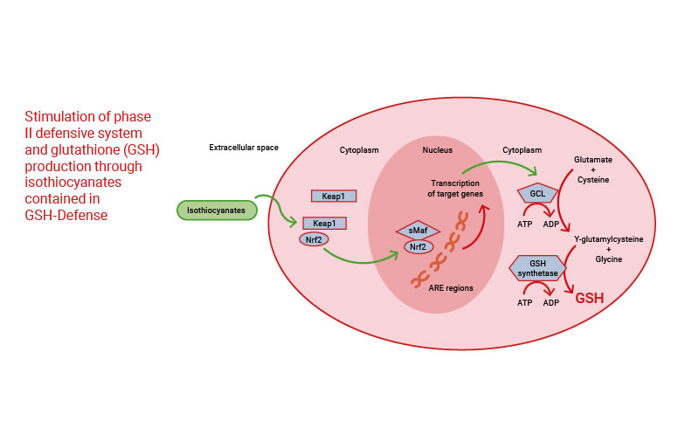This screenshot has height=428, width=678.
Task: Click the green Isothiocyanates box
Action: (x=217, y=210)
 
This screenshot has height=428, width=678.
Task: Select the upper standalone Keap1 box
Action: (x=333, y=197)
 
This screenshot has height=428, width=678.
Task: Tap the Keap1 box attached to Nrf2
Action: (x=324, y=223)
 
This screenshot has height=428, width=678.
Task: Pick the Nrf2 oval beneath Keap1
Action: (x=314, y=239)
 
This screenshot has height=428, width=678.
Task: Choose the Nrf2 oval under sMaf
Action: (x=417, y=247)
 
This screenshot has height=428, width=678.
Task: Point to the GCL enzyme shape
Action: (x=537, y=194)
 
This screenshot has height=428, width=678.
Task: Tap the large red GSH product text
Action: (x=589, y=298)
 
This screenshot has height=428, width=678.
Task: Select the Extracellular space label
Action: (x=244, y=148)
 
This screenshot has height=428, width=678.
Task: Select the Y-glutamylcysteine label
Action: (x=603, y=239)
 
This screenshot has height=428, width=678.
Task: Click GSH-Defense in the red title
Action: (x=66, y=216)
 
